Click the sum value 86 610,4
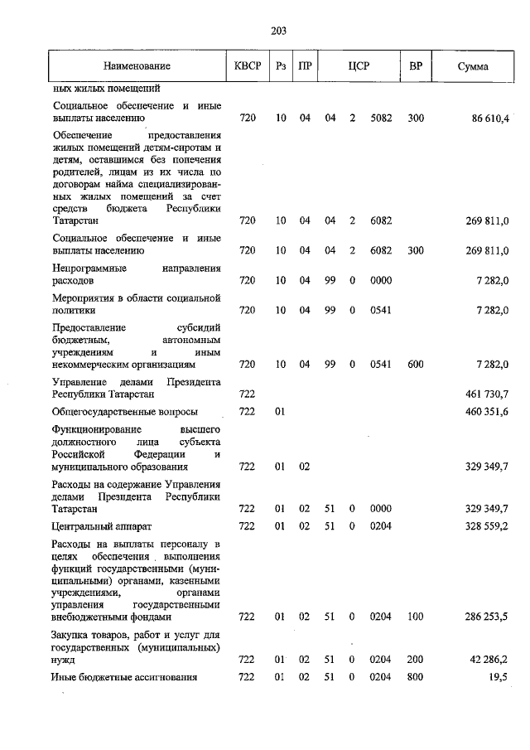(x=490, y=119)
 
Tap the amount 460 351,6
(x=490, y=412)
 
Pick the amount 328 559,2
(x=490, y=525)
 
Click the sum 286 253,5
(x=490, y=617)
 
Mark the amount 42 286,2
(x=490, y=660)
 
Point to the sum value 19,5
(x=500, y=678)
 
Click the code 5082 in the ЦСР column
(x=381, y=119)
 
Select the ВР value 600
(x=416, y=364)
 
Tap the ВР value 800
(x=416, y=678)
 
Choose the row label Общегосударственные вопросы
(x=125, y=412)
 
